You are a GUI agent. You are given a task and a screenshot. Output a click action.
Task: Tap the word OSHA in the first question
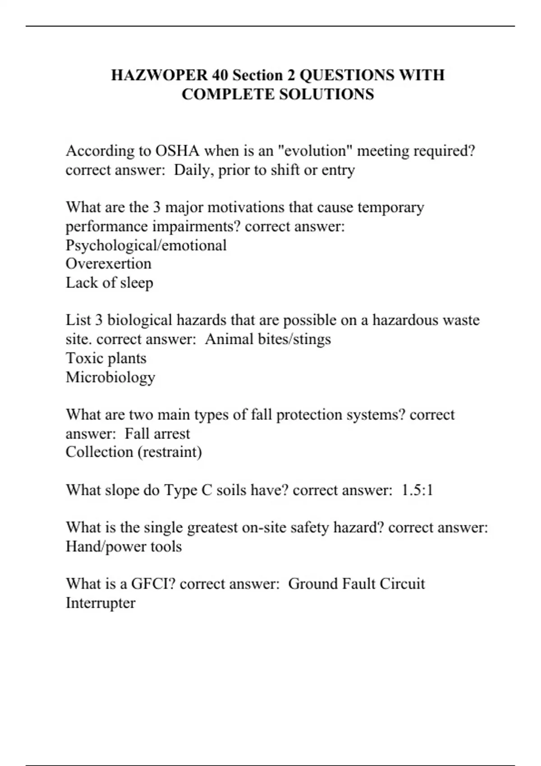(x=177, y=150)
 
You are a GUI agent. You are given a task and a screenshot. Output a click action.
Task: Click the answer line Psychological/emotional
(x=146, y=245)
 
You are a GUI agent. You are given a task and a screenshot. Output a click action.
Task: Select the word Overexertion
(x=109, y=264)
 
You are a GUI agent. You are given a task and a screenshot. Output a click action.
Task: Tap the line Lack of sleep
(x=110, y=283)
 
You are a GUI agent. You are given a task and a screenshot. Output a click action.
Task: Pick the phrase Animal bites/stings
(x=268, y=339)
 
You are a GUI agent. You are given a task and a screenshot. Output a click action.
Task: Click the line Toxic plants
(x=106, y=358)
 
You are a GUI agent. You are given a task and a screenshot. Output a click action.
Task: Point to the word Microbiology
(x=110, y=377)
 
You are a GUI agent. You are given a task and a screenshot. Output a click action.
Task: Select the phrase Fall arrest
(x=157, y=433)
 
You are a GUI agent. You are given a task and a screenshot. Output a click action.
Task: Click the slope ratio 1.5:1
(x=417, y=490)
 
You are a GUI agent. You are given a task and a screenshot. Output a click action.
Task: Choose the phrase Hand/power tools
(x=124, y=547)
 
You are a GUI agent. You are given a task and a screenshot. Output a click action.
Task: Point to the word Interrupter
(x=101, y=603)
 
